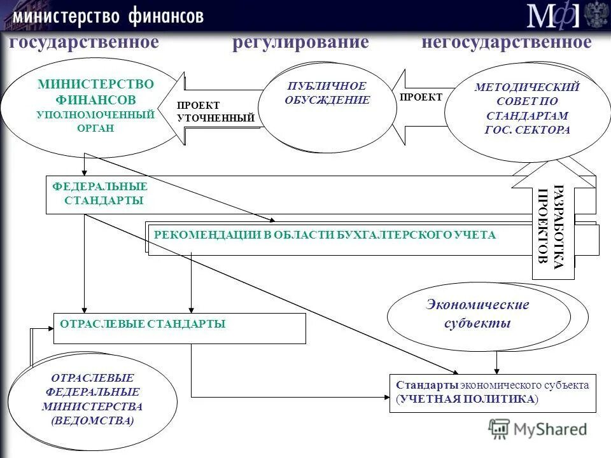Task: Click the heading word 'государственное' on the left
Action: (83, 43)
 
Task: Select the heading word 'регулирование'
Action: (300, 43)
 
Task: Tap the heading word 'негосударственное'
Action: (506, 43)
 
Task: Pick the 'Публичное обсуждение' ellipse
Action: (327, 106)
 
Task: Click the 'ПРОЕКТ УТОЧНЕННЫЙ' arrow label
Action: (215, 111)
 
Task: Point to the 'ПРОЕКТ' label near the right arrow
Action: (421, 97)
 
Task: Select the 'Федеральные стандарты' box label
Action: (100, 193)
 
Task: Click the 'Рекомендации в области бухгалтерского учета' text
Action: (324, 235)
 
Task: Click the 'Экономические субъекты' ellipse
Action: (478, 314)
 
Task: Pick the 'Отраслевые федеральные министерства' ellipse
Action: (92, 399)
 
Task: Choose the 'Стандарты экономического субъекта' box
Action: (492, 392)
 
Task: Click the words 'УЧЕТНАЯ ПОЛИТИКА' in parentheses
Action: (467, 399)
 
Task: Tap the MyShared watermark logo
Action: (537, 429)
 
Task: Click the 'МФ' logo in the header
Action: (552, 15)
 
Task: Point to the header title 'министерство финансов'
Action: (108, 15)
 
